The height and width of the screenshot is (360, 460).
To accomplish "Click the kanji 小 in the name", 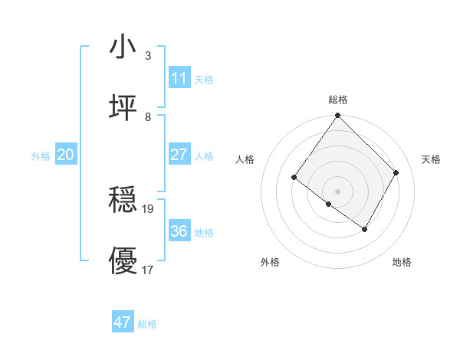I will [123, 47].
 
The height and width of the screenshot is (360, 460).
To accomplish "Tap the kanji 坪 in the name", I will [123, 108].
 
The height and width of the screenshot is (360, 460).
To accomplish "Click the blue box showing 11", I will [179, 78].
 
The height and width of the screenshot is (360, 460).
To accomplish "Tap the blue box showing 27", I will [179, 155].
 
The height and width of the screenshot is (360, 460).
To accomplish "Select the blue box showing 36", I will [179, 231].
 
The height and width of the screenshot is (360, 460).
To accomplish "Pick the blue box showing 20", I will [65, 155].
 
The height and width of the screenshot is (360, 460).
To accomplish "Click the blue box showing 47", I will [123, 322].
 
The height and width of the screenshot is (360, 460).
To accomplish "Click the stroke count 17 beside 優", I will [148, 270].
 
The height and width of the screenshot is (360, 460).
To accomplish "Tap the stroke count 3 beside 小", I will [148, 56].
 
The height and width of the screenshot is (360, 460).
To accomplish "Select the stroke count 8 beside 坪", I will [148, 117].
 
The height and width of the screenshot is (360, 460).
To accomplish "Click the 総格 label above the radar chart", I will [338, 100].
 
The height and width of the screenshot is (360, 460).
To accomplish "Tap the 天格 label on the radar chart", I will [431, 159].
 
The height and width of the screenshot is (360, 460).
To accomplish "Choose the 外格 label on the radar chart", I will [270, 262].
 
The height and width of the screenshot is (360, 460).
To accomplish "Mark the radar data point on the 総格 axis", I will [338, 116].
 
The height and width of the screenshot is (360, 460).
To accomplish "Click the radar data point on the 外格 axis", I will [329, 205].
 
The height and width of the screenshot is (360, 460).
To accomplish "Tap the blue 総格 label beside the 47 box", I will [147, 324].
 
